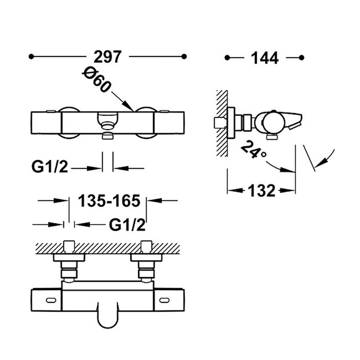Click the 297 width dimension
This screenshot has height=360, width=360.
click(x=107, y=57)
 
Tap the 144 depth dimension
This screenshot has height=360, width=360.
click(x=265, y=58)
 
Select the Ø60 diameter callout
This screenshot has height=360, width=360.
click(x=97, y=79)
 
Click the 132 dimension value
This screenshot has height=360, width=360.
click(x=261, y=190)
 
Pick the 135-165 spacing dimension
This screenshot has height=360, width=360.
click(x=109, y=201)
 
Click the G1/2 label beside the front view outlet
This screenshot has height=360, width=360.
click(x=49, y=167)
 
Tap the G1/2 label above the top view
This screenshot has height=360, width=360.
click(x=127, y=225)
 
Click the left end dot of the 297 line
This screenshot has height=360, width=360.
click(x=31, y=57)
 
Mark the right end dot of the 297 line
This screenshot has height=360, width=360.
click(x=184, y=57)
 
